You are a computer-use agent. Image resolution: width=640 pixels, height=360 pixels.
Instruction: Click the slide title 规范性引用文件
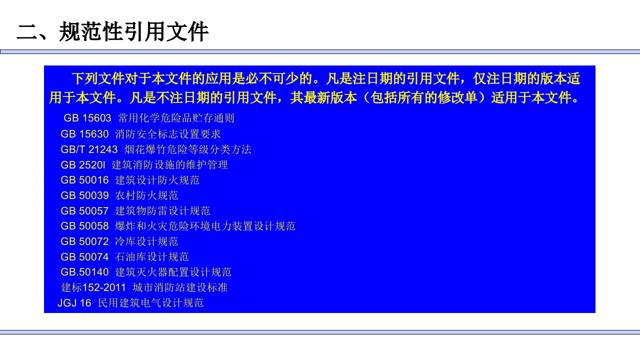(112, 32)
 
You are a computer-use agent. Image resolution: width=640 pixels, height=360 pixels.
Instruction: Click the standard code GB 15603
(87, 118)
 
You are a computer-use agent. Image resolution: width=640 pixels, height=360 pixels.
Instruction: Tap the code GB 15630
(84, 134)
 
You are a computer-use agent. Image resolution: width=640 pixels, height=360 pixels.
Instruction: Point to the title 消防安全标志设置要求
(168, 134)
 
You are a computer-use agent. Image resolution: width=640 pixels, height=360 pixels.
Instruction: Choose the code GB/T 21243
(89, 149)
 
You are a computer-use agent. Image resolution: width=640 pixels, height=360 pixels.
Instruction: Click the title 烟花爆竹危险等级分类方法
(188, 149)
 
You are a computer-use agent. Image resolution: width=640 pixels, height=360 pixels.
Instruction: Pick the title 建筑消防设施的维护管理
(170, 165)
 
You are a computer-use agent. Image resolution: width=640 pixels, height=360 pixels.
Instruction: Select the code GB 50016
(84, 180)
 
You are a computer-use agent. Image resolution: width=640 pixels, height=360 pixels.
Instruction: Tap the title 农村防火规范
(146, 195)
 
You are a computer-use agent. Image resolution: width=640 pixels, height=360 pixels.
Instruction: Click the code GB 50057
(84, 211)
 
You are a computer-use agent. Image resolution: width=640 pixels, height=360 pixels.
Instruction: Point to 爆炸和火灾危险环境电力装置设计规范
(205, 226)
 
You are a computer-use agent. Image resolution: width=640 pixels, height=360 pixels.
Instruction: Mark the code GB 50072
(84, 242)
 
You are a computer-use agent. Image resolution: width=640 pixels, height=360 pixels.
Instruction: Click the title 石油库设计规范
(152, 257)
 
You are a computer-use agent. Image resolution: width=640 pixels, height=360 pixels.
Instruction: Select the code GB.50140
(84, 272)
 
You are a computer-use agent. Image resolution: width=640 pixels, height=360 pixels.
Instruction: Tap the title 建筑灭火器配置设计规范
(173, 272)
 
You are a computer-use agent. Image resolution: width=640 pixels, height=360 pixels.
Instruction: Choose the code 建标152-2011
(93, 288)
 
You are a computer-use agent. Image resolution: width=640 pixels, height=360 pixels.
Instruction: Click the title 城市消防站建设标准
(180, 288)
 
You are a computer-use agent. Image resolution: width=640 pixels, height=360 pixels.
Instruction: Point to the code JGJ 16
(74, 303)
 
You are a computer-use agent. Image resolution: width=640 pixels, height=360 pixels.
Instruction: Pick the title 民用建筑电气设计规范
(151, 303)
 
